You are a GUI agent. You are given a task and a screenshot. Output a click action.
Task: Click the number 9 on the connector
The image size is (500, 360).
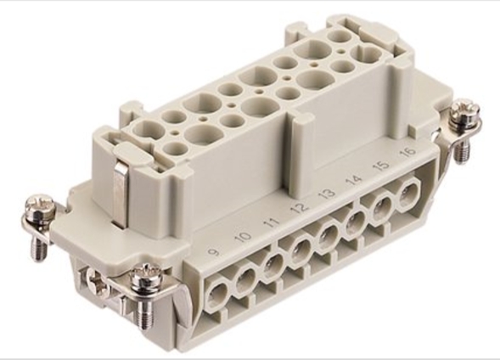point(214,252)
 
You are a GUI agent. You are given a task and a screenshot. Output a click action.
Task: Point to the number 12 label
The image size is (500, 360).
point(300,207)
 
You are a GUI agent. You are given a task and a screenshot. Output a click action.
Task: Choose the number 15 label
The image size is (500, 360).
point(382,165)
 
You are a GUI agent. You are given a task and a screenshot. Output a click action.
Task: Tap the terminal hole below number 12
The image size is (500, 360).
point(301,250)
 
